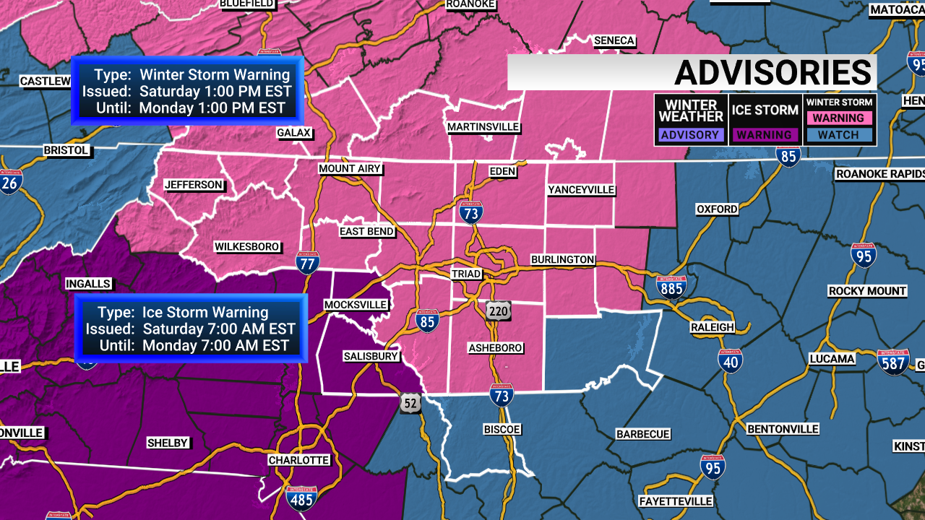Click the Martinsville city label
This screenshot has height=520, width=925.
(x=483, y=127)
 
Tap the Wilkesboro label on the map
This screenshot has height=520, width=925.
(x=247, y=247)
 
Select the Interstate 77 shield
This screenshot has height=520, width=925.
(x=308, y=264)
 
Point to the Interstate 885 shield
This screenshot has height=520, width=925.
(x=671, y=287)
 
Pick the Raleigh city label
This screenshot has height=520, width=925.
(x=711, y=327)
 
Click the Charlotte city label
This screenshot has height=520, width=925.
(x=298, y=460)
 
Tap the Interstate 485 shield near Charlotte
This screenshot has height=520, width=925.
(x=301, y=498)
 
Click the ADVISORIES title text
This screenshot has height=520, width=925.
(x=773, y=73)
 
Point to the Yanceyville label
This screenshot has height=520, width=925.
(x=581, y=190)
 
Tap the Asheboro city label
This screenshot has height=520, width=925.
(x=495, y=348)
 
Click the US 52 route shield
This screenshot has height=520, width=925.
(x=410, y=404)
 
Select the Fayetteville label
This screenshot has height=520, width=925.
(x=676, y=501)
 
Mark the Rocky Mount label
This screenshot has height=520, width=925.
(x=867, y=291)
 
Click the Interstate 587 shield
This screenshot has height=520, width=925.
(x=893, y=362)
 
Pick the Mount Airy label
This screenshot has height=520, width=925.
(x=350, y=169)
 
